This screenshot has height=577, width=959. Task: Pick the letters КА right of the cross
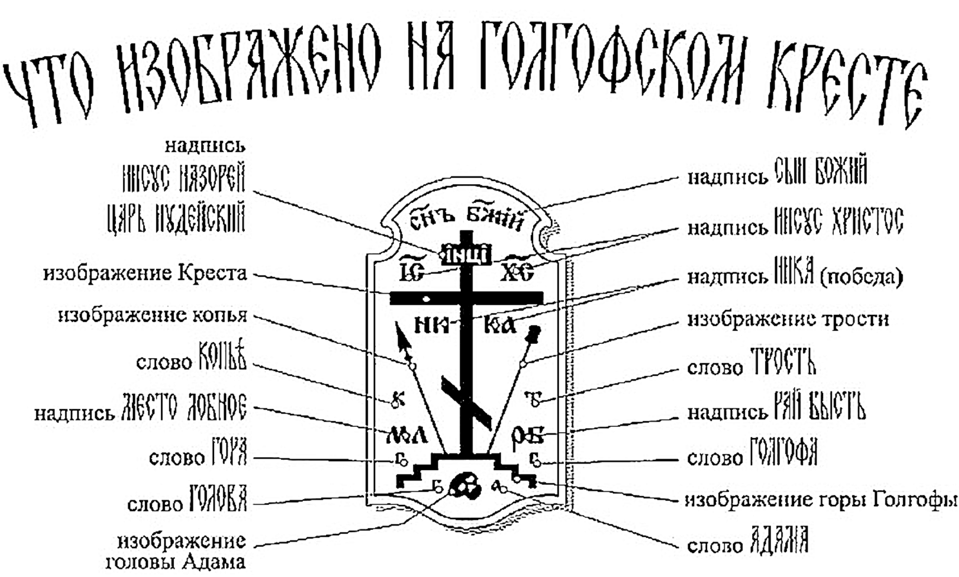click(x=500, y=325)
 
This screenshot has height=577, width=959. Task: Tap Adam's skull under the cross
click(x=465, y=485)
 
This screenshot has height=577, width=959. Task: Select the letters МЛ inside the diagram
click(x=406, y=436)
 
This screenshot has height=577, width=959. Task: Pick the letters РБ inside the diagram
click(x=527, y=436)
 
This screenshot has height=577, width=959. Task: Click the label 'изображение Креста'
click(x=145, y=274)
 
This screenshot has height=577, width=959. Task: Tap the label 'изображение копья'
click(x=153, y=316)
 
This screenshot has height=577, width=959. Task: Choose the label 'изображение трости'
click(x=788, y=319)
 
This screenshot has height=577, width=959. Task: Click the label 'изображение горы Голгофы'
click(x=820, y=500)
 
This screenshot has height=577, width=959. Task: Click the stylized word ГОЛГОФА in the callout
click(x=784, y=452)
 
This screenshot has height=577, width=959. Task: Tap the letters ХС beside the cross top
click(x=517, y=273)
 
